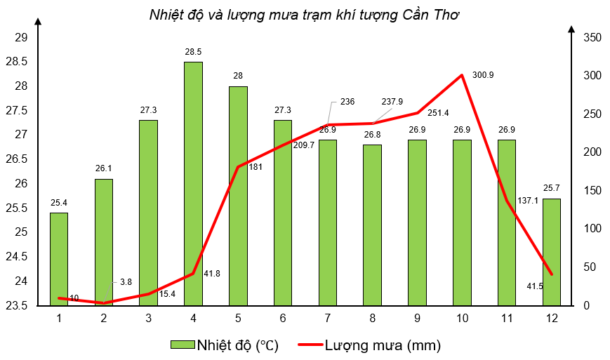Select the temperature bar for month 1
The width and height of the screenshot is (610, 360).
coord(59,259)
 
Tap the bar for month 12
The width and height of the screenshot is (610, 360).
coord(551,252)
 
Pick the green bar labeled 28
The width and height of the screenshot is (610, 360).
coord(238,196)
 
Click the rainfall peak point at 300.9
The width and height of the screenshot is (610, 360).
coord(462,75)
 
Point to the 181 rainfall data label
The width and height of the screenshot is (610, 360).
coord(256,166)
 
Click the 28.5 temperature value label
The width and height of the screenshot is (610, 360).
coord(193,52)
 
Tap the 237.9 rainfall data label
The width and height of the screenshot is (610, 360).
coord(392,102)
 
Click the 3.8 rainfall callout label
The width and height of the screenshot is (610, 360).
coord(126,281)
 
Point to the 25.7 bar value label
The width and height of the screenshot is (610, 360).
coord(551,188)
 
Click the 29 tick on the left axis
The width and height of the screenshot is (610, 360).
coord(22,37)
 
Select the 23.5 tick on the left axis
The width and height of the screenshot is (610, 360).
coord(18,305)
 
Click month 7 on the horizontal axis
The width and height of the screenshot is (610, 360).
coord(328,319)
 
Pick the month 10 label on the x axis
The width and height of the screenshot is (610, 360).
coord(462,319)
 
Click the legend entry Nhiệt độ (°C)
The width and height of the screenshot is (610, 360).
coord(225,345)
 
